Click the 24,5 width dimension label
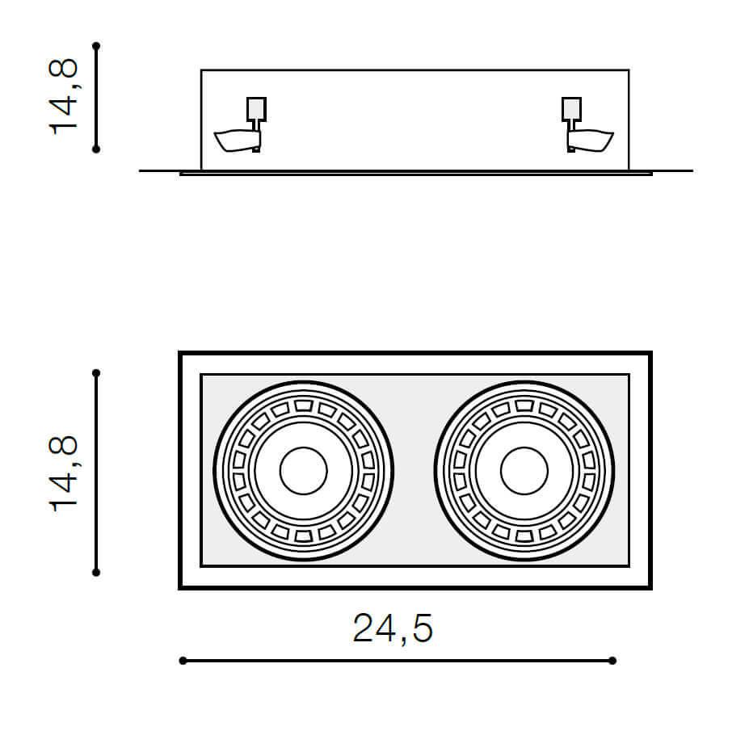pyautogui.click(x=393, y=628)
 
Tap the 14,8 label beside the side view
pyautogui.click(x=63, y=96)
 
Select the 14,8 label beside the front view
pyautogui.click(x=63, y=473)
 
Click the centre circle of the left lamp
pyautogui.click(x=303, y=471)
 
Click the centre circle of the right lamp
pyautogui.click(x=524, y=471)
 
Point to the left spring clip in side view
pyautogui.click(x=238, y=141)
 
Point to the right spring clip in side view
pyautogui.click(x=590, y=141)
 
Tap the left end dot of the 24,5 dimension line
pyautogui.click(x=183, y=661)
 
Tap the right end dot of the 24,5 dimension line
pyautogui.click(x=612, y=661)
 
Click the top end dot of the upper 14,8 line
pyautogui.click(x=96, y=46)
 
